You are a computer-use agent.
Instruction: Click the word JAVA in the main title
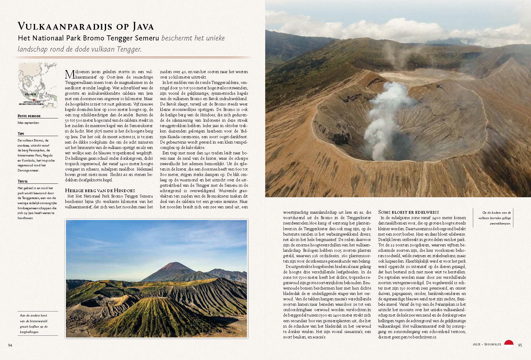(143, 27)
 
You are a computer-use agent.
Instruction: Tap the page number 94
(10, 345)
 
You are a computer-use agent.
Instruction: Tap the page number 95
(520, 345)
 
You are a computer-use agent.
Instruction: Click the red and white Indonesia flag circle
(509, 344)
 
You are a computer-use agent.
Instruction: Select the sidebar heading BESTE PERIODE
(29, 116)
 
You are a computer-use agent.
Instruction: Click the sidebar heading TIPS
(21, 134)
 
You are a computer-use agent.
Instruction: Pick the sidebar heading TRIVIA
(22, 181)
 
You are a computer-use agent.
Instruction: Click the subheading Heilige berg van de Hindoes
(100, 191)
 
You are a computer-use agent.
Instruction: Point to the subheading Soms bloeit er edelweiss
(408, 212)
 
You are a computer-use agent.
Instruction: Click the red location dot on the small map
(34, 100)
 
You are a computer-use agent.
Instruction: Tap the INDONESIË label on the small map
(31, 94)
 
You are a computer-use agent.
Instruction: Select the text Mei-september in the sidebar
(28, 123)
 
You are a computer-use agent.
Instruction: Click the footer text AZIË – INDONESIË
(487, 344)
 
